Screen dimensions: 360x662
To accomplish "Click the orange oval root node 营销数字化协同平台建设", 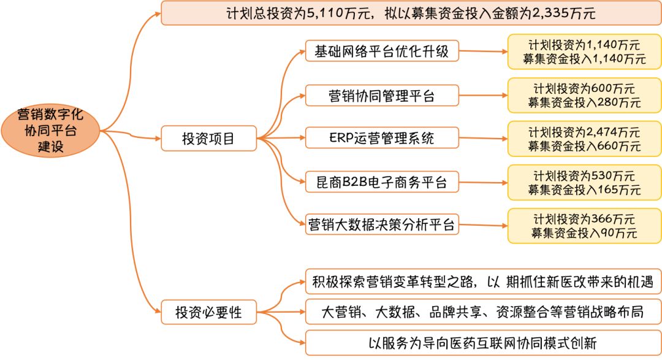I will coord(50,131).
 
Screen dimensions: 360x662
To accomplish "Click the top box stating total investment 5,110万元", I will coord(410,13).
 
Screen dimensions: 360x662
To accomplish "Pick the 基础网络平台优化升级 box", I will coord(382,52).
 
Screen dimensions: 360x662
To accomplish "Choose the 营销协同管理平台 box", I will coord(382,95).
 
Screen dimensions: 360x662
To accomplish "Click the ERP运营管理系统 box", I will coord(382,138).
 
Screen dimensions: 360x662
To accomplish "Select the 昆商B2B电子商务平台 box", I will coord(382,182).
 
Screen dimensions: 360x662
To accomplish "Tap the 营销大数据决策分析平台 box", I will coord(382,224).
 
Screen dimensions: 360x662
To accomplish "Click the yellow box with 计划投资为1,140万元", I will coord(584,52).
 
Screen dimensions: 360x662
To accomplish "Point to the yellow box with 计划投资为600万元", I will coord(584,95).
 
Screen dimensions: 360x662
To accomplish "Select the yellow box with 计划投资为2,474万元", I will coord(584,139).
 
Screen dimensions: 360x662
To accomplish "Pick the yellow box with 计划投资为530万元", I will coord(584,182).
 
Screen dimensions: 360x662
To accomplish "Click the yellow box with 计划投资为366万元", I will coord(584,226).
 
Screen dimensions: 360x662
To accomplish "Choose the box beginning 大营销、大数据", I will coord(483,312).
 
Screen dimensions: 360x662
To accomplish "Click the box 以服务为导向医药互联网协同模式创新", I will coord(483,342).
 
